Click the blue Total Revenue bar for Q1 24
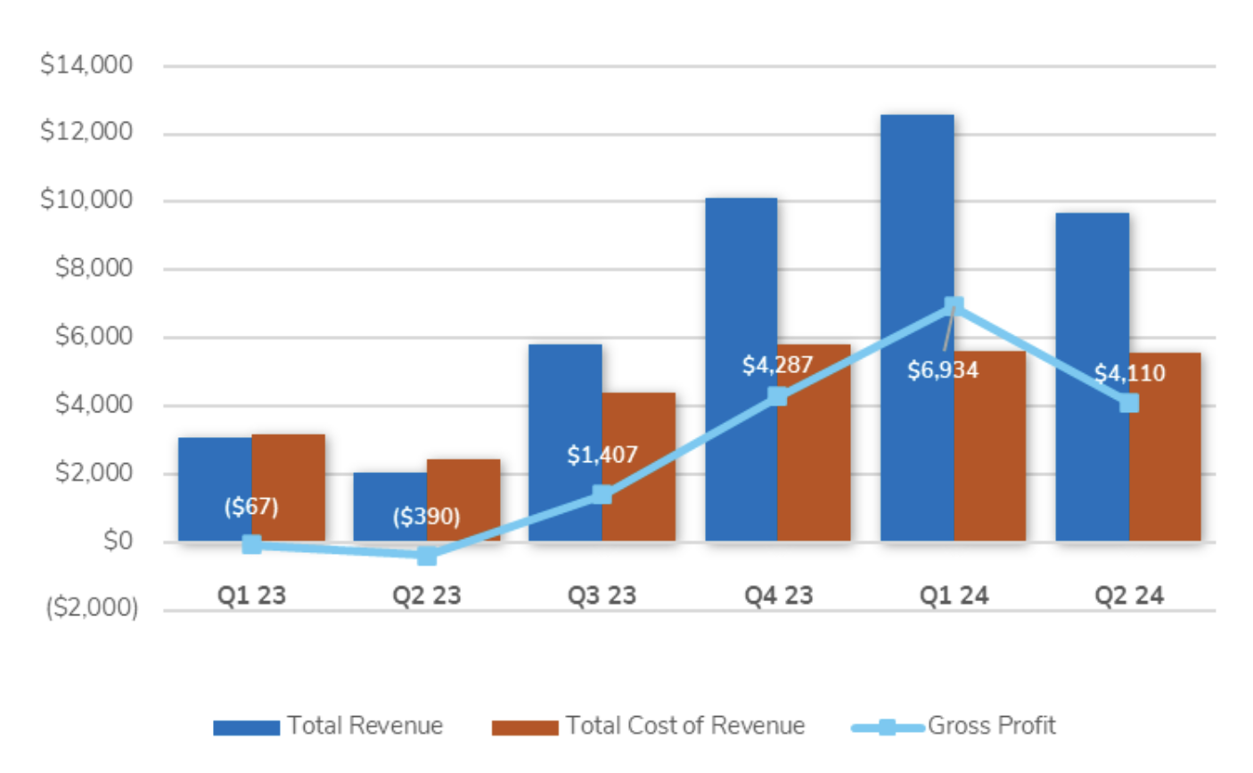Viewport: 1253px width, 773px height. [916, 223]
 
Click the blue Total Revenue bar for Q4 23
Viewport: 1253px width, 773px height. [741, 294]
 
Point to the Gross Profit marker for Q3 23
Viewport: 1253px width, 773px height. [602, 494]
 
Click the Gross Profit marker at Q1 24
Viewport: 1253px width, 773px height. [953, 305]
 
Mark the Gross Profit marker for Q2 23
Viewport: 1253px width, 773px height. [427, 556]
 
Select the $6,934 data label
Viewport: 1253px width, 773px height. [942, 370]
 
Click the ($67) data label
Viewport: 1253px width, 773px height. [251, 507]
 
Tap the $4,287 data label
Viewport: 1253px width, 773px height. [777, 365]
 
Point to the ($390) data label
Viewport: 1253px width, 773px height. [426, 517]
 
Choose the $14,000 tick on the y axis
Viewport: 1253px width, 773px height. [86, 65]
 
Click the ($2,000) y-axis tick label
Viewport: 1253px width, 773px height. [92, 608]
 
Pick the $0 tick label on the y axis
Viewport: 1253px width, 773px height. [117, 541]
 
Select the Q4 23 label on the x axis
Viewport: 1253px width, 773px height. [778, 596]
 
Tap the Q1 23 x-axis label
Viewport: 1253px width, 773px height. [251, 596]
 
